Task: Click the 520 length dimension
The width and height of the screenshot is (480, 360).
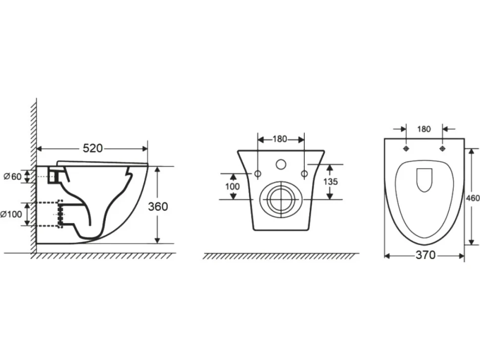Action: tap(93, 148)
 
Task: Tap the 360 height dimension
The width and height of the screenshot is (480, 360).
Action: tap(158, 207)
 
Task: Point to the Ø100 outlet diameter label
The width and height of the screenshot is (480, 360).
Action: tap(11, 214)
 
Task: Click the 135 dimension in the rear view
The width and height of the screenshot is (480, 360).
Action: tap(331, 181)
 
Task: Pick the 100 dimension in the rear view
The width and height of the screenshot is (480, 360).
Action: tap(233, 186)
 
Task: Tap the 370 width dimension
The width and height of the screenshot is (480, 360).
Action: tap(426, 255)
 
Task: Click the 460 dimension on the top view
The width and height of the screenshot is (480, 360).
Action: tap(473, 198)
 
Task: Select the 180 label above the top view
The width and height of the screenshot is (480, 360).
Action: tap(424, 129)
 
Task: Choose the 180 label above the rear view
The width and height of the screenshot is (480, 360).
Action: tap(280, 139)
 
